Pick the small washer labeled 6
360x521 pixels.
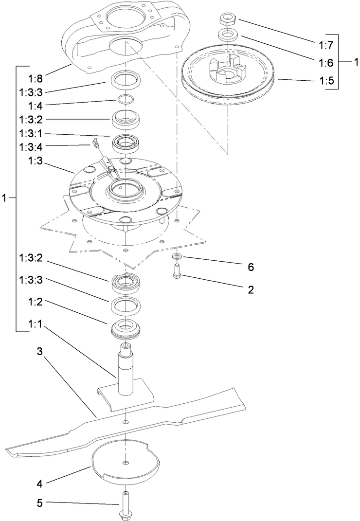[x=176, y=256]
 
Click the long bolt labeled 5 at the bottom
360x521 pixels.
[x=126, y=504]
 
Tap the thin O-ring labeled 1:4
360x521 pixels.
[x=126, y=100]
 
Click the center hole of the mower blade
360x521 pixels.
[x=126, y=421]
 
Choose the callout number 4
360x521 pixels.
[x=40, y=484]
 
